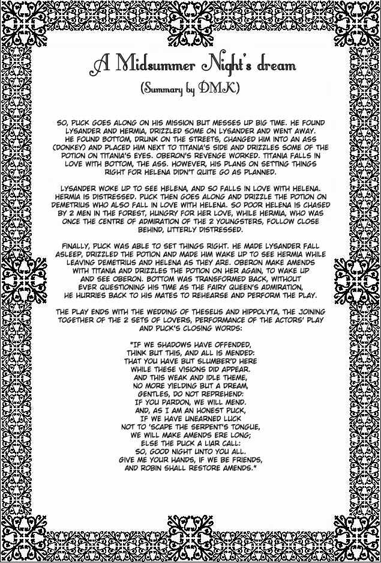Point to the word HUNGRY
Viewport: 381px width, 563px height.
pyautogui.click(x=194, y=212)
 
